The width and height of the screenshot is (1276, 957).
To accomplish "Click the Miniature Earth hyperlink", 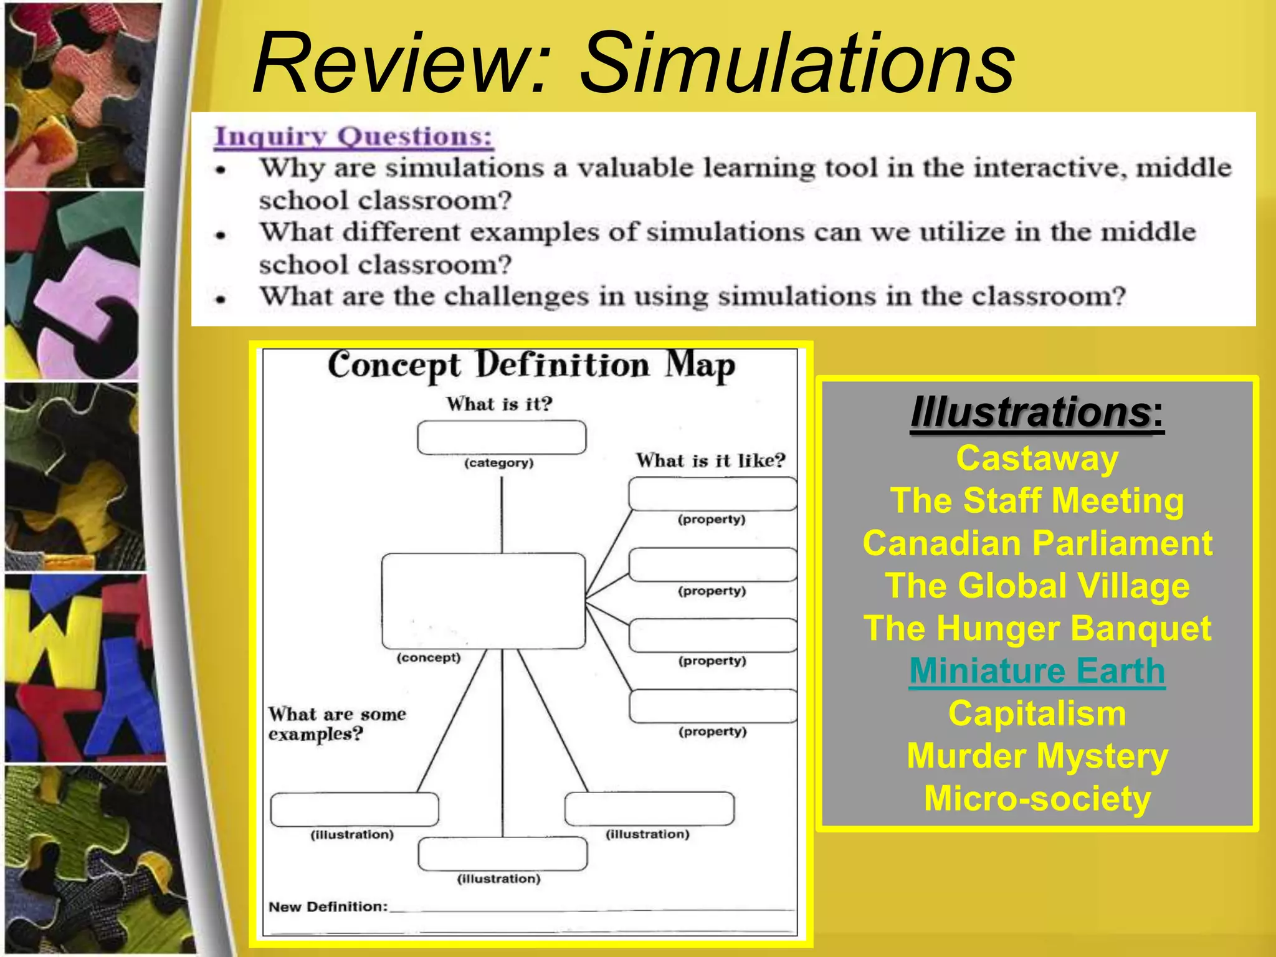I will (1037, 672).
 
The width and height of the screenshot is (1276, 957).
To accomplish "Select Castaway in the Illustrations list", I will (1037, 459).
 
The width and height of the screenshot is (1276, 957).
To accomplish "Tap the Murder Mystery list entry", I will (1037, 756).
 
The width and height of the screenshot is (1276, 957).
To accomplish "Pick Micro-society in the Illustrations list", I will (1037, 799).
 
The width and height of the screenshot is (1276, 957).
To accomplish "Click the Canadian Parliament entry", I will (1037, 543).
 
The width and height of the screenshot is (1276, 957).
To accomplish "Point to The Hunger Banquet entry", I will (1037, 629).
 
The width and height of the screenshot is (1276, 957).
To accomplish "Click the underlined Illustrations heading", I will (1031, 412).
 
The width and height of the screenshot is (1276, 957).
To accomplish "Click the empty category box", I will (502, 437).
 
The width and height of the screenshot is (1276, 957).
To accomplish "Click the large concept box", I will (483, 601).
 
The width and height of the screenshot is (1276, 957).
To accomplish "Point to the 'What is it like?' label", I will (710, 461).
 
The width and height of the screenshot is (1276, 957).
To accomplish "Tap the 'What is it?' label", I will (499, 404).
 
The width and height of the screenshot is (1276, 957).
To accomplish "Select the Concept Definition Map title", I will (531, 366).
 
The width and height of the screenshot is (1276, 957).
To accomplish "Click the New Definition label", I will (328, 907).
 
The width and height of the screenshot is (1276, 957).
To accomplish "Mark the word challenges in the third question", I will (516, 297).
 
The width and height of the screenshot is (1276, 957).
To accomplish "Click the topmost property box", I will (712, 494).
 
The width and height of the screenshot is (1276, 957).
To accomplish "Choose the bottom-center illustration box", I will (502, 854).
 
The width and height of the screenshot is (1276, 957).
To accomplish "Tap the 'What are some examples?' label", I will (336, 724).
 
